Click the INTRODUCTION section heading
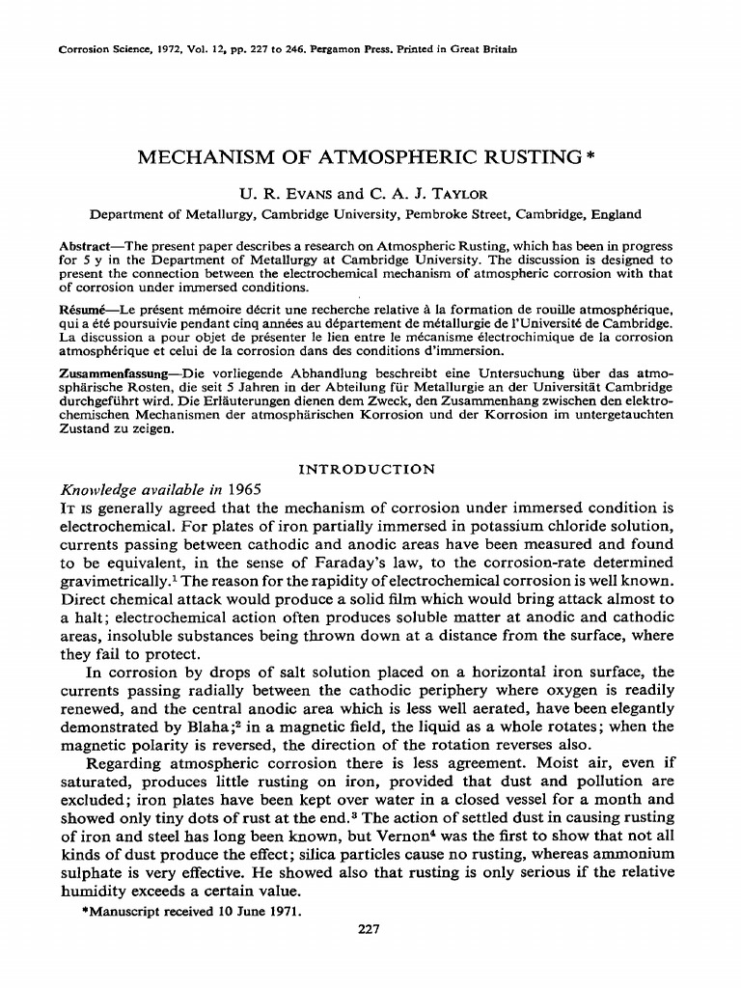tap(367, 470)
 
